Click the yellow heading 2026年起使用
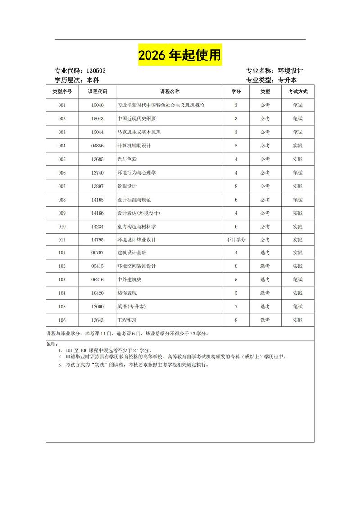click(x=180, y=55)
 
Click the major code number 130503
click(x=96, y=71)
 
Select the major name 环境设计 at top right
click(x=291, y=71)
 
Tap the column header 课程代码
click(x=97, y=92)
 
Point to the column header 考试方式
click(x=298, y=92)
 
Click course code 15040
click(x=97, y=105)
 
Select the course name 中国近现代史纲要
click(x=137, y=119)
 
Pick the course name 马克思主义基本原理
click(x=139, y=132)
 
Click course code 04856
click(x=97, y=146)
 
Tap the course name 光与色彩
click(x=127, y=159)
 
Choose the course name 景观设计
click(x=127, y=186)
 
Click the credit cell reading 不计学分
click(x=236, y=239)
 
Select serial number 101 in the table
click(x=62, y=253)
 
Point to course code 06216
click(x=97, y=280)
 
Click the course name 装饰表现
click(x=127, y=293)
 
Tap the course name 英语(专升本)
click(x=131, y=307)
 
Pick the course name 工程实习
click(x=127, y=320)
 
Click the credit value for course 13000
click(x=236, y=307)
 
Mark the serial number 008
click(x=62, y=199)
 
